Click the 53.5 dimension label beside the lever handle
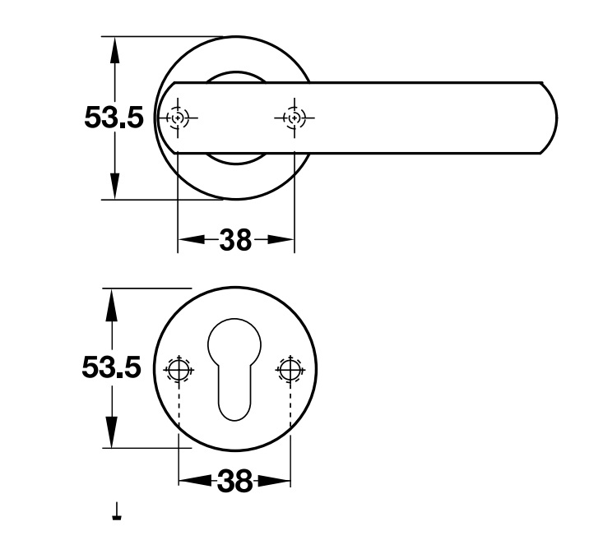point(114,118)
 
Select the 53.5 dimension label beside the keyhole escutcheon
point(112,367)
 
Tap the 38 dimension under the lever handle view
point(235,240)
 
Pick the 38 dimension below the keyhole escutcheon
point(235,481)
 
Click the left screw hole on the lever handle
point(178,118)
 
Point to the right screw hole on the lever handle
point(294,118)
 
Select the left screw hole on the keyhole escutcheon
point(179,370)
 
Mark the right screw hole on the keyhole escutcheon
point(290,370)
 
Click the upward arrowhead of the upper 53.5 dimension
point(114,51)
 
